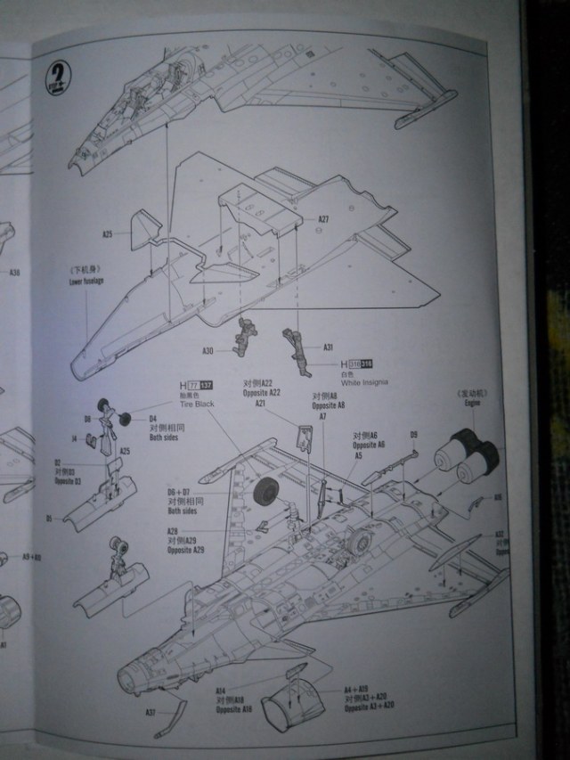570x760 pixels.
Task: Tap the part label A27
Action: click(323, 219)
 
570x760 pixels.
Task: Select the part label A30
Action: click(208, 350)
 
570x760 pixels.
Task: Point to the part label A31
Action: click(328, 347)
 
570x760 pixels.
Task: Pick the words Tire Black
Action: click(197, 404)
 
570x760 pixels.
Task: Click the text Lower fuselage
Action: click(86, 282)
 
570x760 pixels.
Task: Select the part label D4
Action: click(152, 418)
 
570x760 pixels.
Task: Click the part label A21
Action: click(261, 404)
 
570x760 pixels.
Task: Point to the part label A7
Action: click(322, 416)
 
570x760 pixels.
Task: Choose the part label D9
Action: click(413, 434)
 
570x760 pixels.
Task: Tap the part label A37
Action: click(151, 712)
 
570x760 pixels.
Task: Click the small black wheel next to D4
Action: click(126, 419)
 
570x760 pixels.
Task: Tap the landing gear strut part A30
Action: click(243, 337)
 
